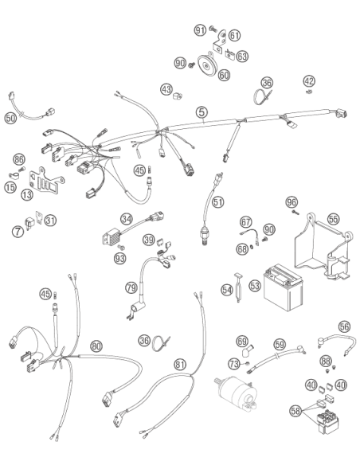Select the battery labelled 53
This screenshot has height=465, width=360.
pyautogui.click(x=283, y=287)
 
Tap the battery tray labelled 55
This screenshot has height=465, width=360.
pyautogui.click(x=323, y=248)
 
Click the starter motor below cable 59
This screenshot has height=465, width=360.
pyautogui.click(x=236, y=393)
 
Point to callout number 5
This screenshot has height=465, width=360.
pyautogui.click(x=202, y=112)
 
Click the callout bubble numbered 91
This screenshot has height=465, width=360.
pyautogui.click(x=200, y=30)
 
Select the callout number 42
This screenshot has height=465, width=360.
pyautogui.click(x=309, y=81)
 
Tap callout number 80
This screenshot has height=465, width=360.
pyautogui.click(x=96, y=346)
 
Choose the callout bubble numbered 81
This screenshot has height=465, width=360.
pyautogui.click(x=180, y=364)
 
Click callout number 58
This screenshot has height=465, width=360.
pyautogui.click(x=295, y=411)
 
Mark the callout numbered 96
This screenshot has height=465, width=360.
pyautogui.click(x=292, y=202)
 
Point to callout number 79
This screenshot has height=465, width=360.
pyautogui.click(x=131, y=287)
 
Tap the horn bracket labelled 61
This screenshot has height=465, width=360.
pyautogui.click(x=220, y=42)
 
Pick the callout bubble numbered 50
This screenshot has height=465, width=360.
pyautogui.click(x=10, y=118)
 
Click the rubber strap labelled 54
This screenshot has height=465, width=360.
pyautogui.click(x=238, y=287)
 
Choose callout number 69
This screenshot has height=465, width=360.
pyautogui.click(x=241, y=341)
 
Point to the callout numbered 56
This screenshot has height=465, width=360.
pyautogui.click(x=344, y=326)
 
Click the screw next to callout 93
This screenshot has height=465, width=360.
pyautogui.click(x=121, y=247)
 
